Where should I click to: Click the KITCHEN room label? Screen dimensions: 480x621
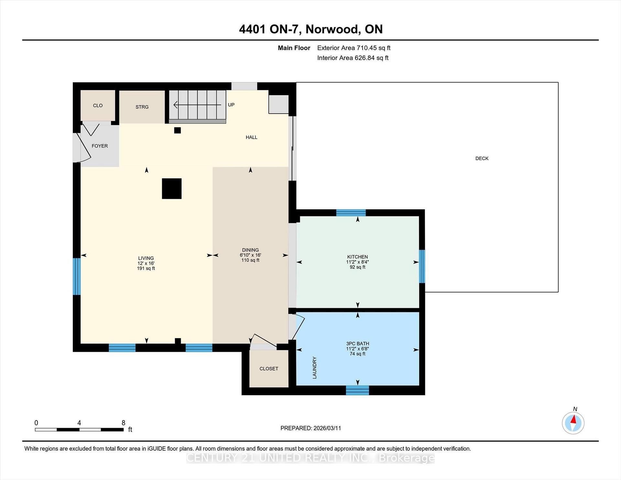(x=357, y=257)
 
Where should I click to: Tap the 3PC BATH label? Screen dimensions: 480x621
(x=357, y=344)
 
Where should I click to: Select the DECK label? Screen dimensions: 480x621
(x=482, y=158)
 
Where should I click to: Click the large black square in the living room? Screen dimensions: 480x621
(x=172, y=189)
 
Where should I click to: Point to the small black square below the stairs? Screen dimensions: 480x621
(x=177, y=130)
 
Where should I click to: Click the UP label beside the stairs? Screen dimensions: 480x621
(x=231, y=105)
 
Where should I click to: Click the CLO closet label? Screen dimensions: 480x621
(x=98, y=105)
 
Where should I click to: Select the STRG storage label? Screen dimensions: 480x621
(x=142, y=107)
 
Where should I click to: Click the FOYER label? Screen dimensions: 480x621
(x=100, y=146)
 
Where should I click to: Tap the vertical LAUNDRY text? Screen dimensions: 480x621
(x=314, y=368)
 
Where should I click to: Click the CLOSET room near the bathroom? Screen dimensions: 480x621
(x=269, y=368)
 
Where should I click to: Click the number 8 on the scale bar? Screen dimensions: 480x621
(x=123, y=422)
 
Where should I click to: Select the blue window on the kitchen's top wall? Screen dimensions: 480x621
(x=351, y=213)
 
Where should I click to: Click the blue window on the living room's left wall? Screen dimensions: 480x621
(x=76, y=276)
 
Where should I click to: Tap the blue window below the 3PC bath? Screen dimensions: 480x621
(x=357, y=390)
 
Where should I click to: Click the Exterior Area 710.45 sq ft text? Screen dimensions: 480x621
(x=354, y=48)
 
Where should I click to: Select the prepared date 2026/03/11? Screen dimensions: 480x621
(x=327, y=428)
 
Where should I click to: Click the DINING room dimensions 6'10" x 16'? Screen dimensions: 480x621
(x=250, y=255)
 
